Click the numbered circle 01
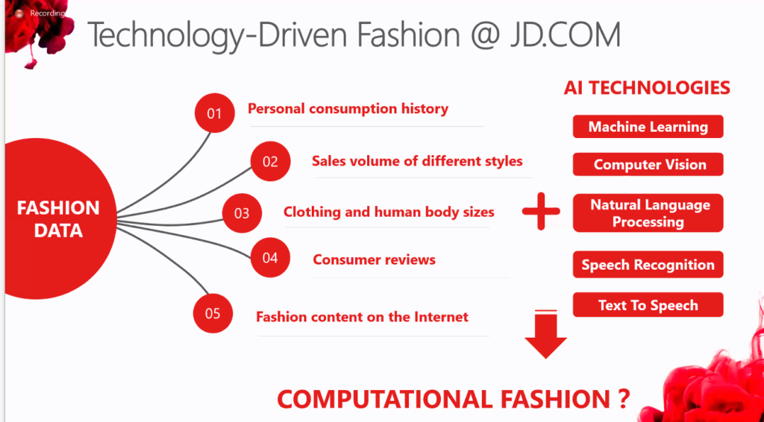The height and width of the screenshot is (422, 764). tap(214, 113)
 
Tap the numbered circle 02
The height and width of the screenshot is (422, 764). tap(270, 161)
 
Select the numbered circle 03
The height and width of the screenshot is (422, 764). tap(242, 213)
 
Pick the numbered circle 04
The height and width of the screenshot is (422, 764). tap(270, 257)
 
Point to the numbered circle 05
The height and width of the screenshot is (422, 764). tap(213, 313)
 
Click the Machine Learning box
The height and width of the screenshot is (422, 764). tap(648, 127)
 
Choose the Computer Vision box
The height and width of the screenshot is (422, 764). tap(648, 164)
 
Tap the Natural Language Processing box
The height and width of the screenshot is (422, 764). tap(648, 212)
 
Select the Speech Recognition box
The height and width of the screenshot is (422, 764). tap(648, 265)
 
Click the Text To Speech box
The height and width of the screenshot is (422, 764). tap(648, 305)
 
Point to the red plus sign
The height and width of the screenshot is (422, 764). tap(541, 211)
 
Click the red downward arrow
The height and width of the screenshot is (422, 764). tap(545, 334)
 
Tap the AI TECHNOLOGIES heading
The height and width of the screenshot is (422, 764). tap(647, 88)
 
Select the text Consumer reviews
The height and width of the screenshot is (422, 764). tap(375, 259)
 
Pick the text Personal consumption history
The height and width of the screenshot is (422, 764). tap(348, 109)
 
